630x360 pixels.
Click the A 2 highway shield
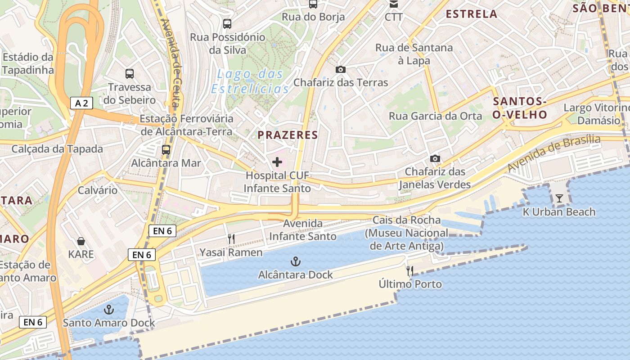(x=81, y=103)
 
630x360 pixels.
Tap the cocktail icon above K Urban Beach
(x=559, y=198)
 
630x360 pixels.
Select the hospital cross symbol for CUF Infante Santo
(x=277, y=162)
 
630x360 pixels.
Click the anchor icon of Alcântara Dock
(x=295, y=261)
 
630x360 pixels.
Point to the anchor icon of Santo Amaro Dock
(x=108, y=310)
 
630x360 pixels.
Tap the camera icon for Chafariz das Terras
(x=341, y=69)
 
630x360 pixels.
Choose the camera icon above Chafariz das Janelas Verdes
(x=435, y=158)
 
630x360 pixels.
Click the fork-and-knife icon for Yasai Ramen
(x=231, y=239)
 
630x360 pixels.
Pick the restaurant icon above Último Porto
(x=409, y=270)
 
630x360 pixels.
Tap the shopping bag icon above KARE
(x=81, y=241)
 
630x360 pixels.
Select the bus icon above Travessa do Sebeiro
(x=130, y=74)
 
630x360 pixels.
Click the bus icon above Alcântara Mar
(x=166, y=150)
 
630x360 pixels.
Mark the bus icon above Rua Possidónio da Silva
(x=227, y=23)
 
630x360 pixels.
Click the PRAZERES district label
(x=288, y=135)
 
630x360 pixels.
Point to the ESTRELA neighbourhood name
(x=471, y=14)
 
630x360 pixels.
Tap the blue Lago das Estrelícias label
(x=250, y=81)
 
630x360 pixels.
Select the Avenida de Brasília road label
(x=554, y=153)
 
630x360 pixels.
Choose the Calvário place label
(x=98, y=190)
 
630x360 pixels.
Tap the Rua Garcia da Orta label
(x=435, y=116)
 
